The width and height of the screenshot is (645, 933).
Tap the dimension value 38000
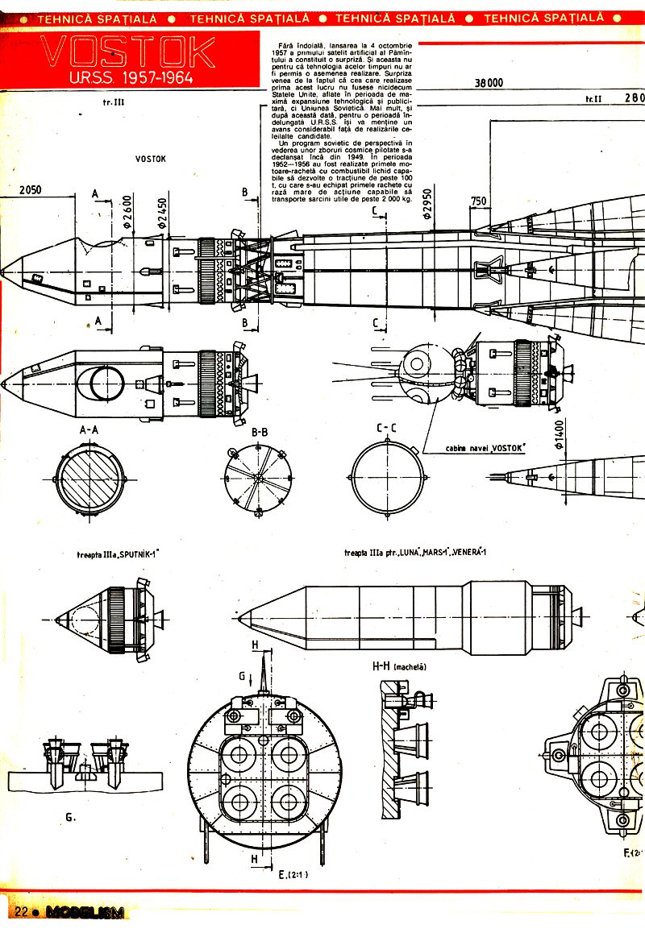[x=489, y=82]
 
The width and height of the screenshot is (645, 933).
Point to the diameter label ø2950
[x=427, y=206]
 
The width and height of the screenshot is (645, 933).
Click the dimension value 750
[x=479, y=201]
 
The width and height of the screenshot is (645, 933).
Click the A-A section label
[x=89, y=431]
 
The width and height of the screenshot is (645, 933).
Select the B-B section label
[x=260, y=433]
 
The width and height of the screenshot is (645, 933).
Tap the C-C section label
[x=388, y=432]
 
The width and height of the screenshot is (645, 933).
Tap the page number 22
[x=20, y=911]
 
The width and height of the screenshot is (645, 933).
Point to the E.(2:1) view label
[x=293, y=873]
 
